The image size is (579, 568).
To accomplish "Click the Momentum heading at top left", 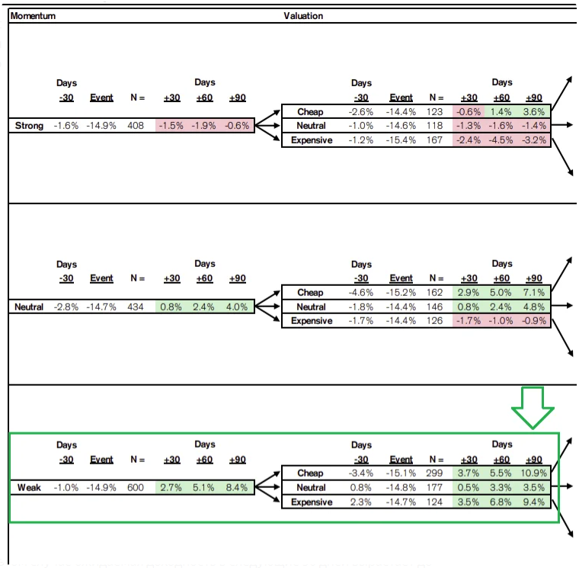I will [33, 16].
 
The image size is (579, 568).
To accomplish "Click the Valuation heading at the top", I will [303, 16].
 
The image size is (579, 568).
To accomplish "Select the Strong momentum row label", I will [30, 126].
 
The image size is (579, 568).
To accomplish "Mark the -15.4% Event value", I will [401, 140].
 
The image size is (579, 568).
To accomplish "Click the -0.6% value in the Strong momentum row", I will [237, 126].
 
